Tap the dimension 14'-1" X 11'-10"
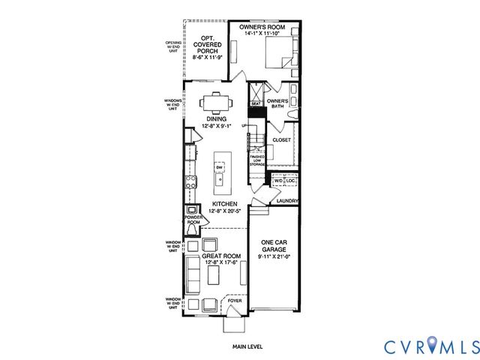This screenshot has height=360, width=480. click(x=262, y=34)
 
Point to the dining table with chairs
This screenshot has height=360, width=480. click(x=215, y=101)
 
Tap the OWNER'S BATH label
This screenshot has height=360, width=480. click(x=278, y=103)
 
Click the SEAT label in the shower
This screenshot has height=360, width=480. click(x=255, y=104)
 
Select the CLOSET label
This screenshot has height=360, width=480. click(x=281, y=140)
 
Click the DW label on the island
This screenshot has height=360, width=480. click(x=219, y=166)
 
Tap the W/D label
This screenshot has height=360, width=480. click(x=277, y=181)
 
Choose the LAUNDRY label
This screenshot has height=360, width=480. click(x=287, y=201)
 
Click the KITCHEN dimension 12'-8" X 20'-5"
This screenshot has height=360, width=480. click(x=224, y=211)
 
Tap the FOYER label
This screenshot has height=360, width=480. click(x=235, y=301)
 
